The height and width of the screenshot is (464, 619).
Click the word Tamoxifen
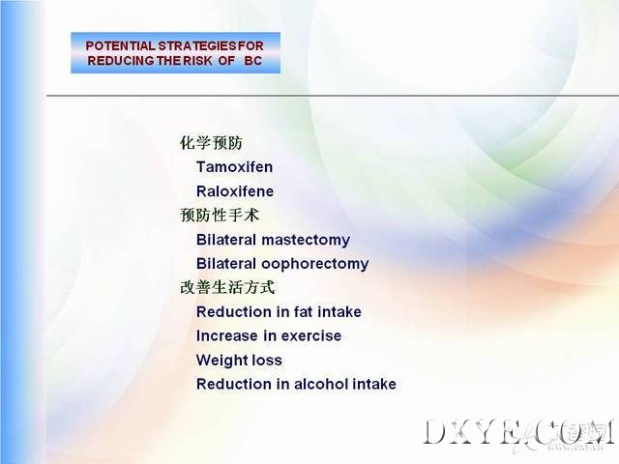[x=234, y=167]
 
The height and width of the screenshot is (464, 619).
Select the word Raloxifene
[x=235, y=191]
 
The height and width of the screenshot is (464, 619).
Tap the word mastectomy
[x=306, y=241]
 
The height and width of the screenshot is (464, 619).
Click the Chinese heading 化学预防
[x=211, y=142]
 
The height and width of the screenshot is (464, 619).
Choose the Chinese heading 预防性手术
[x=220, y=215]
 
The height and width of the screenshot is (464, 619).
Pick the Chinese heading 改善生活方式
[x=227, y=287]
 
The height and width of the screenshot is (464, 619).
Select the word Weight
[x=221, y=361]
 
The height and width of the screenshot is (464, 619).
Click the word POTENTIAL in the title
[x=120, y=45]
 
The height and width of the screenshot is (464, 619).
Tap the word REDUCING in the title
[x=121, y=61]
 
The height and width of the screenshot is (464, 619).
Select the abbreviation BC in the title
[x=253, y=61]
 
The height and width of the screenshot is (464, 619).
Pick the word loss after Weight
[x=267, y=361]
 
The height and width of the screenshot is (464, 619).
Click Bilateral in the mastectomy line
[x=226, y=240]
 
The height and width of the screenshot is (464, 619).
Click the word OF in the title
[x=226, y=61]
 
